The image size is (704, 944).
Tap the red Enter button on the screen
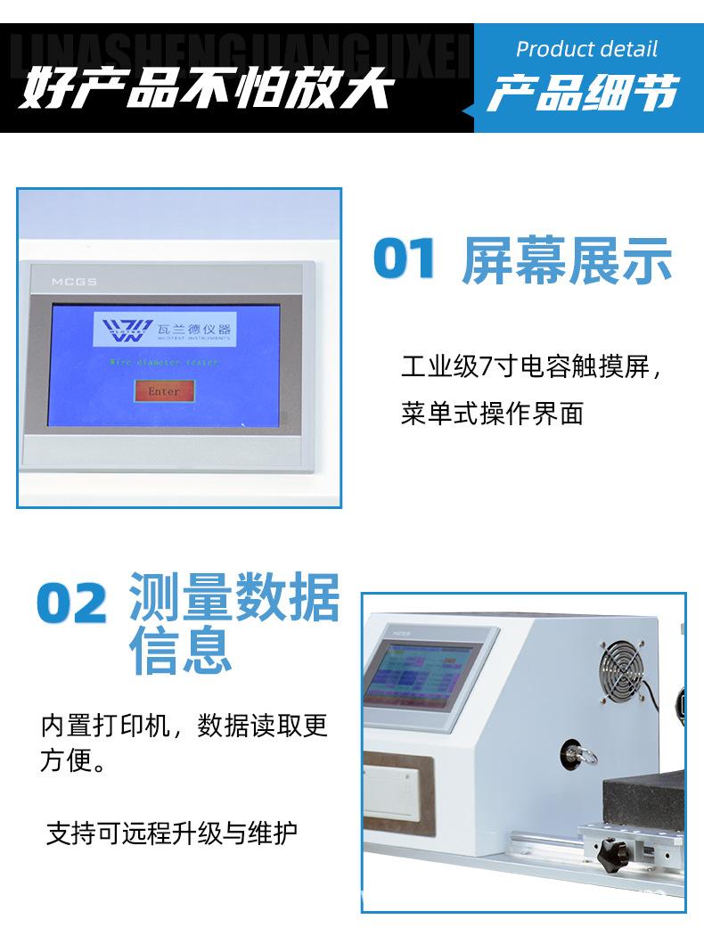(163, 391)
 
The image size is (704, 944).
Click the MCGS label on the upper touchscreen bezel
(67, 283)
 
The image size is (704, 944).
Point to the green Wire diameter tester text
(163, 363)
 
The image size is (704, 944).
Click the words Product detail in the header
(586, 48)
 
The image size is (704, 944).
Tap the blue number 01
(405, 259)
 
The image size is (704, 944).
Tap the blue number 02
(71, 605)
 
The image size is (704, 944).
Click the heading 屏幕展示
(567, 259)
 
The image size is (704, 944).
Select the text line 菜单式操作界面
(492, 414)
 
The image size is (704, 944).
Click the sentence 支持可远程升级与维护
(172, 833)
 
